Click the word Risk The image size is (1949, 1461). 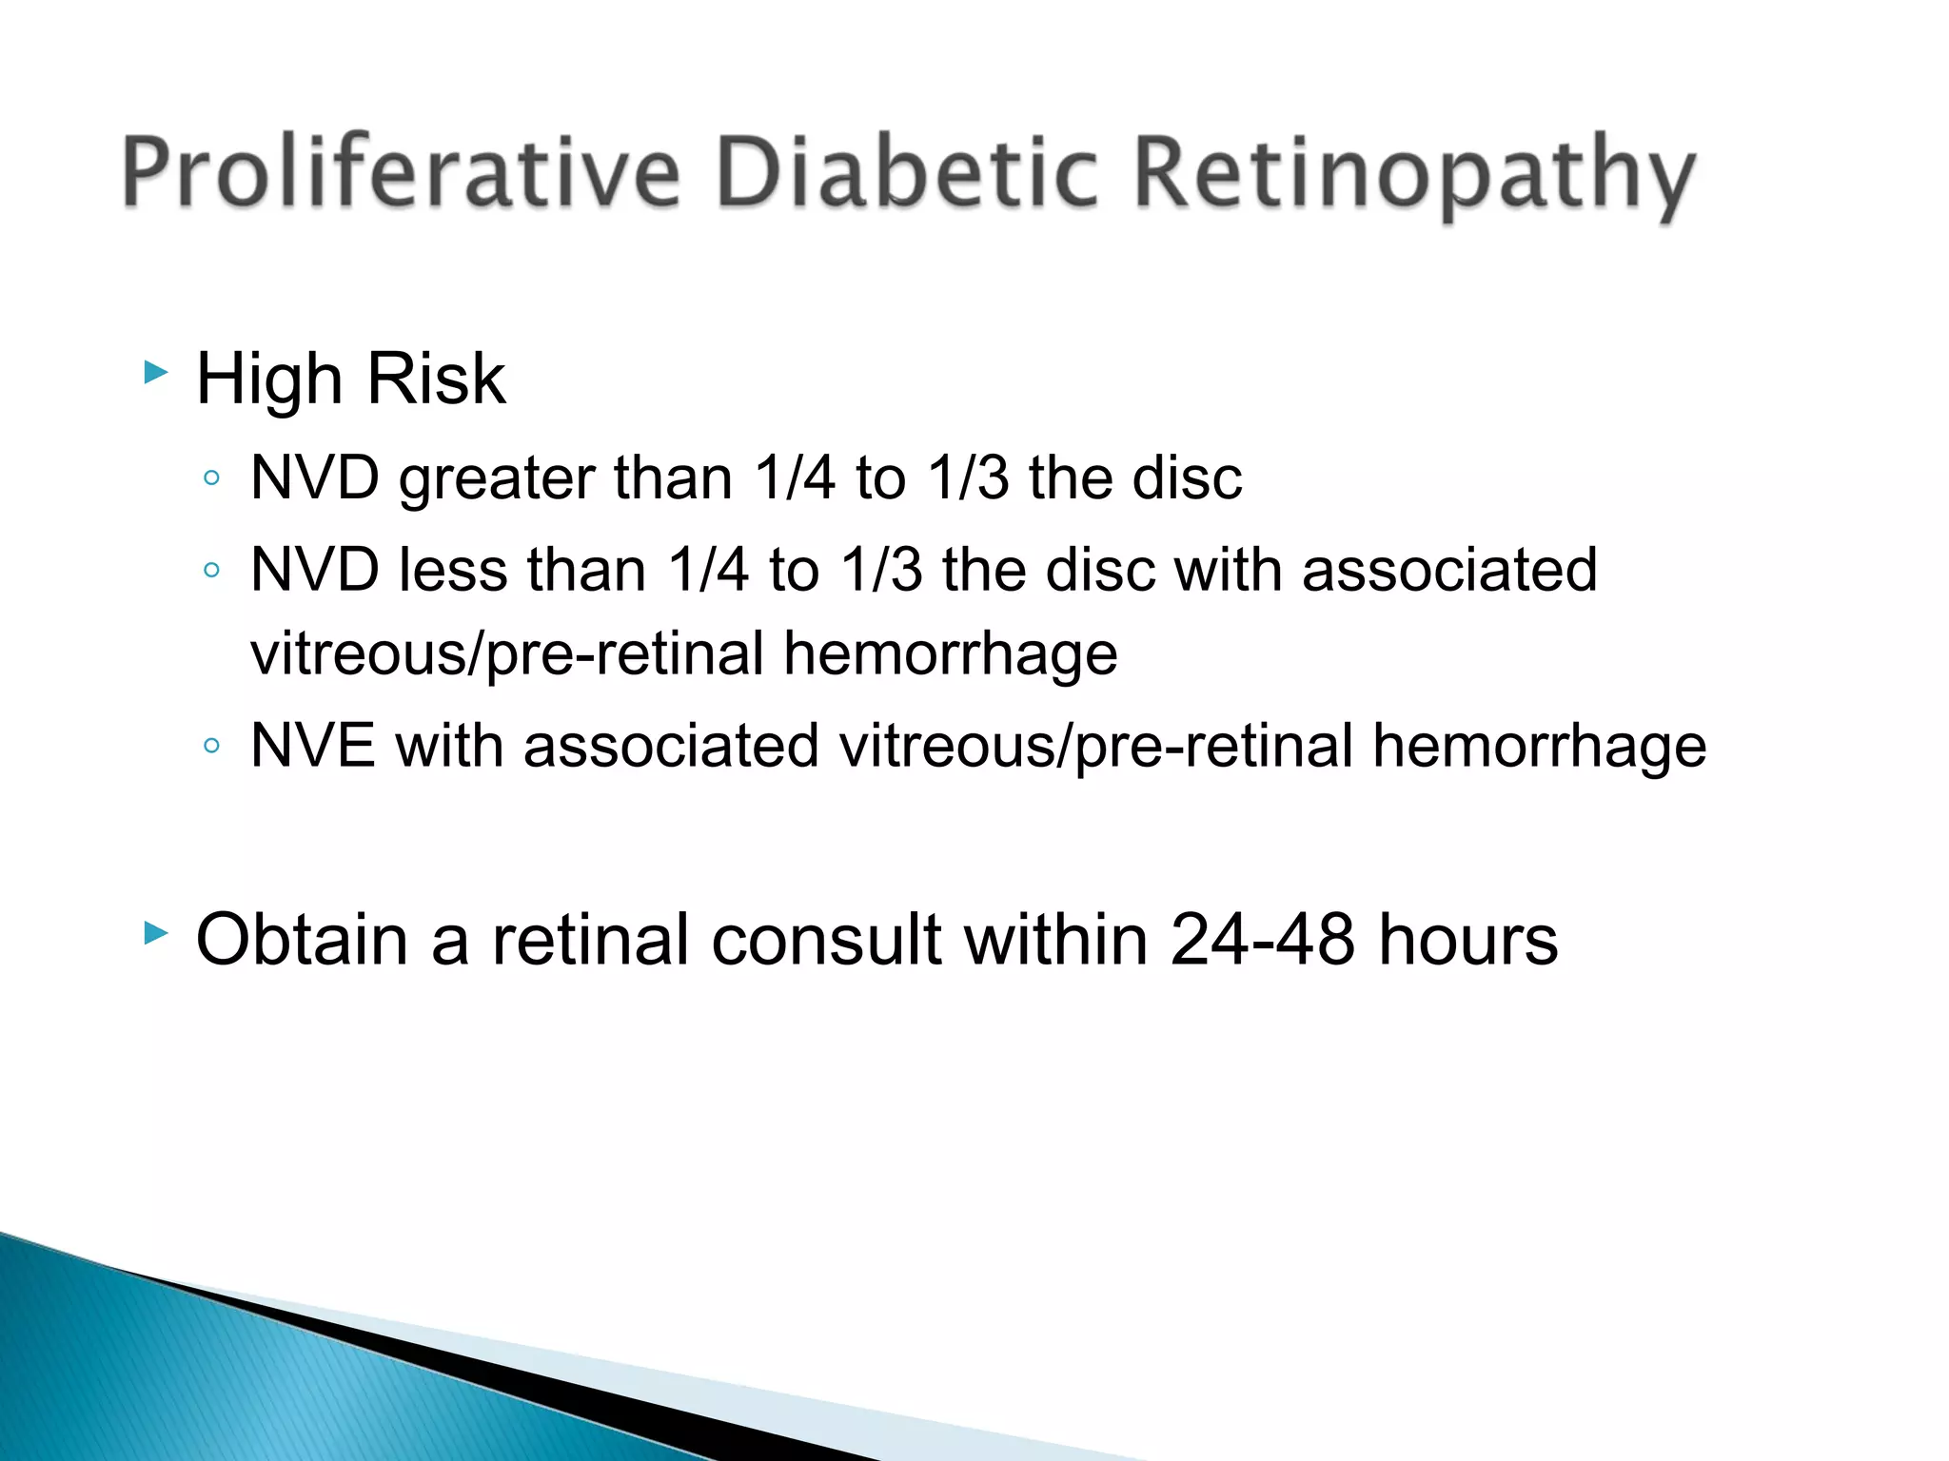[x=436, y=379]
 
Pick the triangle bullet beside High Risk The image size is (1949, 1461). [x=155, y=372]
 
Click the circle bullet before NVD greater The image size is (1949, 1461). [x=212, y=477]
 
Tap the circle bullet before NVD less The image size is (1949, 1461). [x=212, y=571]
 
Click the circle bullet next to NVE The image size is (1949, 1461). [x=212, y=746]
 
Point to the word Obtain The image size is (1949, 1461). [x=302, y=940]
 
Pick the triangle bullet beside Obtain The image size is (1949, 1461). [x=155, y=933]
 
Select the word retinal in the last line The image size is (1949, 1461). [x=590, y=940]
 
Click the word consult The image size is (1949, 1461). [x=826, y=940]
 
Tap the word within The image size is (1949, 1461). [x=1055, y=940]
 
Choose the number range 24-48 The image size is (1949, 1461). [x=1262, y=940]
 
